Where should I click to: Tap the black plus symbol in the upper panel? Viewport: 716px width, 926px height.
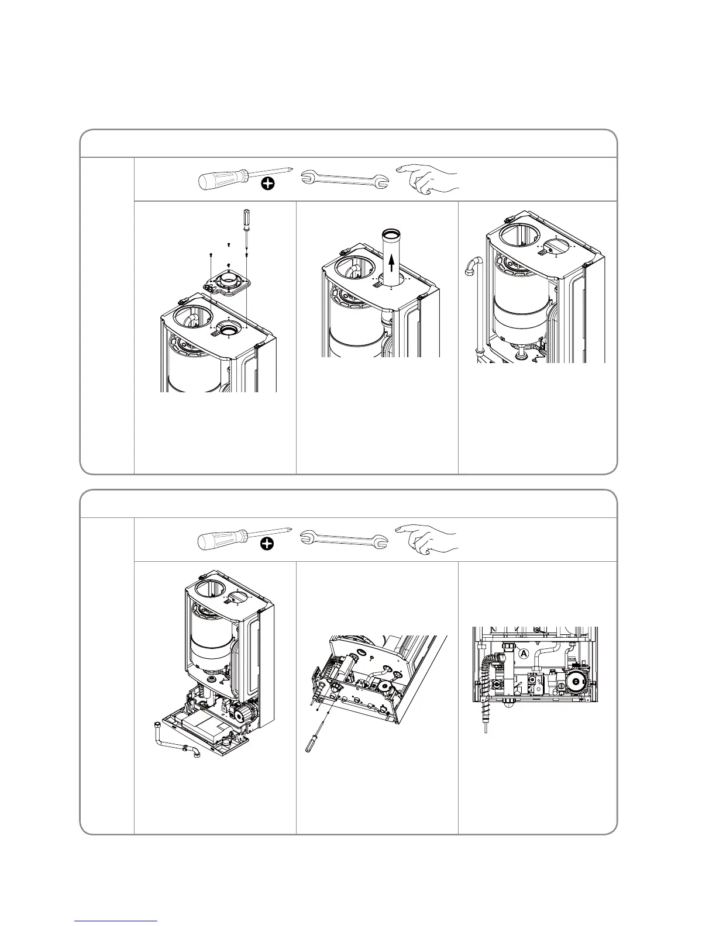pos(267,185)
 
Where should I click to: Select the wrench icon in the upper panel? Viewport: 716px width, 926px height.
pos(345,178)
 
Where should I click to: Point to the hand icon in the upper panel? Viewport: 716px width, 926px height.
pos(428,179)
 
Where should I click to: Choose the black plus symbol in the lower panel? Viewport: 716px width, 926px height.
pos(267,545)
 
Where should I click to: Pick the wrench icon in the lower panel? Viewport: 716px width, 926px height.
pos(345,538)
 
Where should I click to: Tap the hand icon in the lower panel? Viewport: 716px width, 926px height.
pos(428,539)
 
